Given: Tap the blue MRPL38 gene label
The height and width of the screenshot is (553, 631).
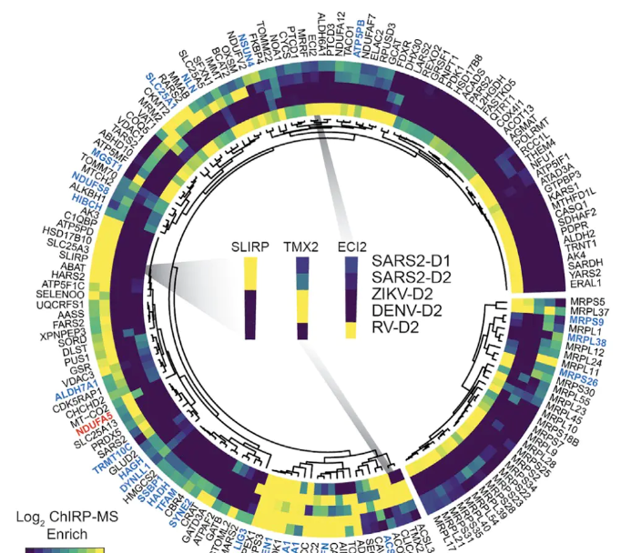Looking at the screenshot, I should tap(589, 342).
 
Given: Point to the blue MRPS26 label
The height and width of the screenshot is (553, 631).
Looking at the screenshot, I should tap(580, 381).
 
